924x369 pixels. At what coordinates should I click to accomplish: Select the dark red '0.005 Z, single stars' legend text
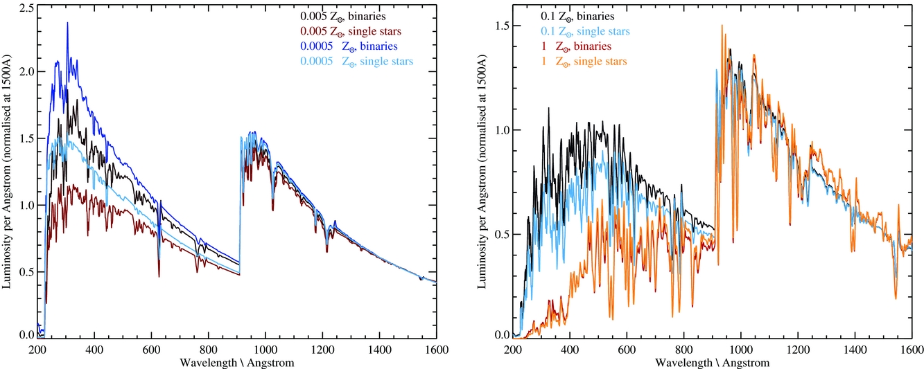pyautogui.click(x=350, y=30)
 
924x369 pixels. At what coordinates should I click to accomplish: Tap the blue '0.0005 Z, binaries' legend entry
pyautogui.click(x=348, y=46)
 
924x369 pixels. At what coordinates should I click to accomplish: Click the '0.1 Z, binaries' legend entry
pyautogui.click(x=577, y=15)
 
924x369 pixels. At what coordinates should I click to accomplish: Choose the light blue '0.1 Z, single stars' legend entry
pyautogui.click(x=585, y=30)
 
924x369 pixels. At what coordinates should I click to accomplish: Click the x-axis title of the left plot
pyautogui.click(x=237, y=363)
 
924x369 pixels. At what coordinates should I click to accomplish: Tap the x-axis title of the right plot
pyautogui.click(x=712, y=363)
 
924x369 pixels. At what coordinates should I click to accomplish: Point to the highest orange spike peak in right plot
pyautogui.click(x=722, y=26)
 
